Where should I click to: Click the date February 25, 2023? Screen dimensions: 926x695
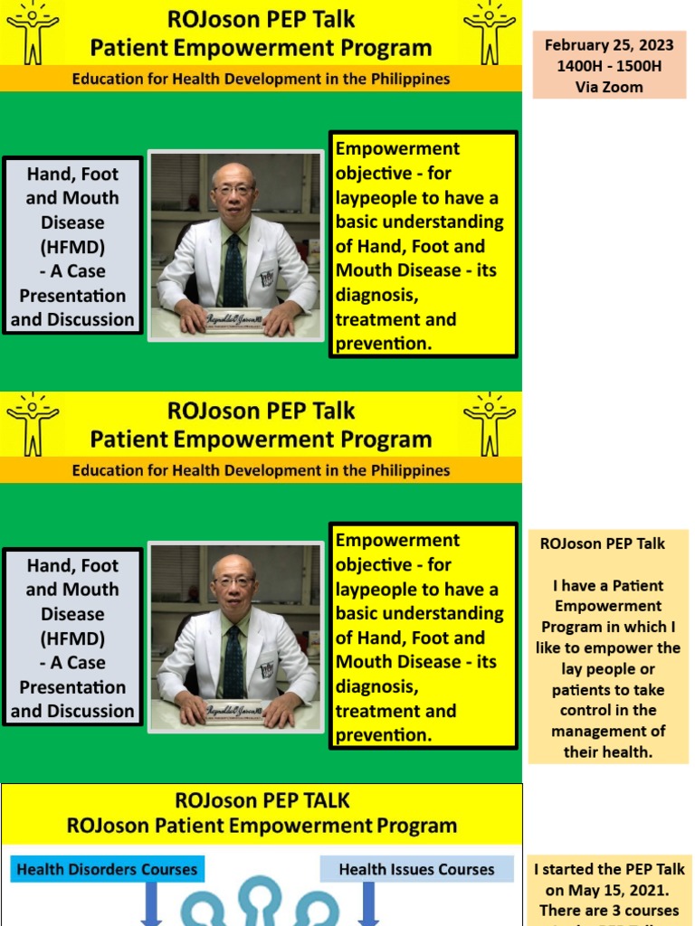[608, 45]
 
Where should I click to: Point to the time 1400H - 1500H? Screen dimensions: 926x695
[608, 66]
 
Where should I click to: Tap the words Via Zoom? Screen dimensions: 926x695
[608, 87]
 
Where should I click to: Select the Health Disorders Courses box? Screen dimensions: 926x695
[107, 870]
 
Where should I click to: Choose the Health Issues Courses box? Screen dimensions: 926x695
[416, 870]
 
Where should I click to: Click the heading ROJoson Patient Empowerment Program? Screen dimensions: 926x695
[262, 826]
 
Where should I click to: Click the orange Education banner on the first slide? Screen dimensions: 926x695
[261, 79]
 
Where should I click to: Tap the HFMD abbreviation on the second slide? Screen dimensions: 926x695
[72, 638]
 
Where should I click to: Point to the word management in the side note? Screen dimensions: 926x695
[608, 731]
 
